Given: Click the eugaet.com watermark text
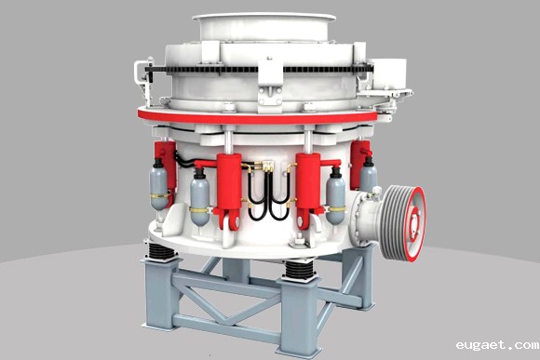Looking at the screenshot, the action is click(x=497, y=344).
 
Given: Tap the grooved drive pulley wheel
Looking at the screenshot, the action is click(x=403, y=222).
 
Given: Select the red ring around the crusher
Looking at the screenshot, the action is click(x=258, y=116).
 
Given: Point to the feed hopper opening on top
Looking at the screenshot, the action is click(x=264, y=17).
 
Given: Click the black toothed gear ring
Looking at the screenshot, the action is click(x=259, y=69).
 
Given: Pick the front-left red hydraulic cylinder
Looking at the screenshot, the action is click(x=229, y=188).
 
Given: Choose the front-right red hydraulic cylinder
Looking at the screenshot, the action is click(x=308, y=188).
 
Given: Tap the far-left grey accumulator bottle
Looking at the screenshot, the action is click(x=158, y=185).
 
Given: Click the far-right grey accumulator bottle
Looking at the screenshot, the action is click(x=368, y=174).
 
